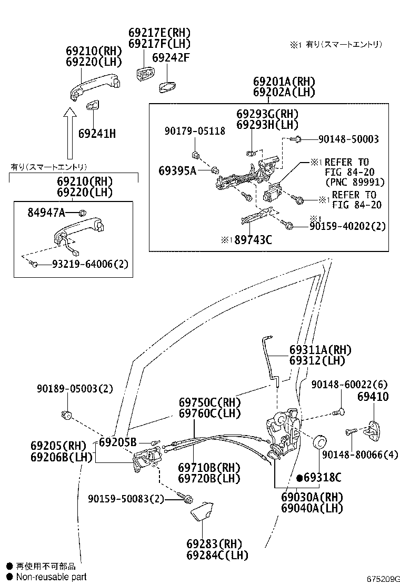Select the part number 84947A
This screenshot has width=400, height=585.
coord(46,213)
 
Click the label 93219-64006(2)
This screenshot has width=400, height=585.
coord(89,264)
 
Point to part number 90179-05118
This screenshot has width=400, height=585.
coord(194,131)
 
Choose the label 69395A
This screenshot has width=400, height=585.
coord(178,170)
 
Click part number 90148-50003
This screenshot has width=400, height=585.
coord(348,139)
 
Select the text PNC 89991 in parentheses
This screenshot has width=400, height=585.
coord(354,182)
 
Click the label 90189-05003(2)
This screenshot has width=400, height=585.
coord(75,389)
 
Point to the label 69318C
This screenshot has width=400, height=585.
coord(322,478)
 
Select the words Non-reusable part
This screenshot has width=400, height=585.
coord(51,577)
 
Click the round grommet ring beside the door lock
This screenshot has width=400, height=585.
coord(319,441)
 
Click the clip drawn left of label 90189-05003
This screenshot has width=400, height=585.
coord(67,415)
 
